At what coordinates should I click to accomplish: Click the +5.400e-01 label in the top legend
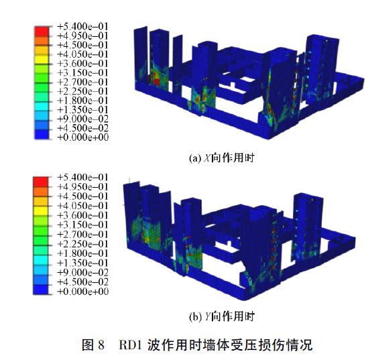(83, 26)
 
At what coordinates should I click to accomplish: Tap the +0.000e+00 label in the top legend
(83, 137)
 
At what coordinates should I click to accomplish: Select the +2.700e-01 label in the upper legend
(83, 82)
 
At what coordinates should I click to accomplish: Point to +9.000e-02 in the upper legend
(83, 119)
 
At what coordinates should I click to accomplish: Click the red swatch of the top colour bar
(42, 31)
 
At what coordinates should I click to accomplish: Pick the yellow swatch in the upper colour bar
(42, 59)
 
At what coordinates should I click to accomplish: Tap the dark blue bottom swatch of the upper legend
(42, 134)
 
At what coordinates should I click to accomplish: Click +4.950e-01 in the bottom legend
(83, 187)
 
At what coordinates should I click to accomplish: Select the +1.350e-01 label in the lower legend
(83, 263)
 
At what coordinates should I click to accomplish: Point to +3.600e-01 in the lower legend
(83, 215)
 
